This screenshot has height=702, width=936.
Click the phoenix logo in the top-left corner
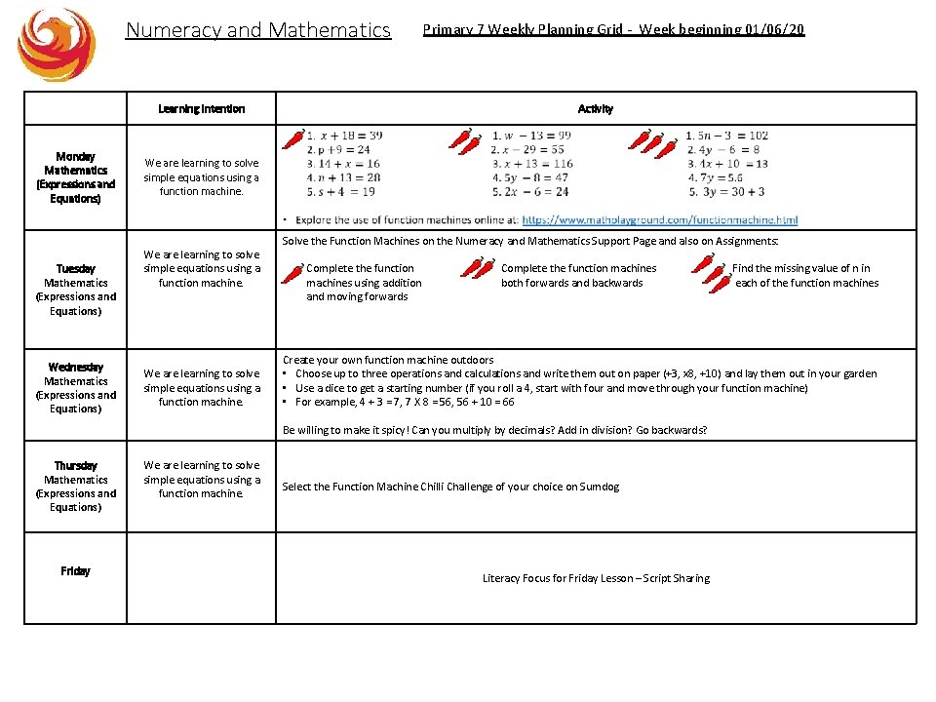click(x=57, y=44)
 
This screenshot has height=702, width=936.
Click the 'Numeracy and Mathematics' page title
click(x=258, y=30)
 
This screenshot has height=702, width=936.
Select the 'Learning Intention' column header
click(x=201, y=109)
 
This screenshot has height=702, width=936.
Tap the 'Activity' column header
click(x=595, y=109)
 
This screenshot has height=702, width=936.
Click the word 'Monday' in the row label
click(x=75, y=156)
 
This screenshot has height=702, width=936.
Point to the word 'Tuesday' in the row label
click(x=75, y=268)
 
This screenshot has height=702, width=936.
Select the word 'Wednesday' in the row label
click(x=75, y=367)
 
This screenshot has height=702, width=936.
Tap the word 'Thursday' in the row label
click(x=75, y=465)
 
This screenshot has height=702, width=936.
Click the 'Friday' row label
click(x=75, y=570)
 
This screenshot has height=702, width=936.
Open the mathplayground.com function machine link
click(x=659, y=220)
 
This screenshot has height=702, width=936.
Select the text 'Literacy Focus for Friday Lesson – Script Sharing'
click(x=596, y=578)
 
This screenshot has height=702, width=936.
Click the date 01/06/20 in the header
click(x=774, y=29)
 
